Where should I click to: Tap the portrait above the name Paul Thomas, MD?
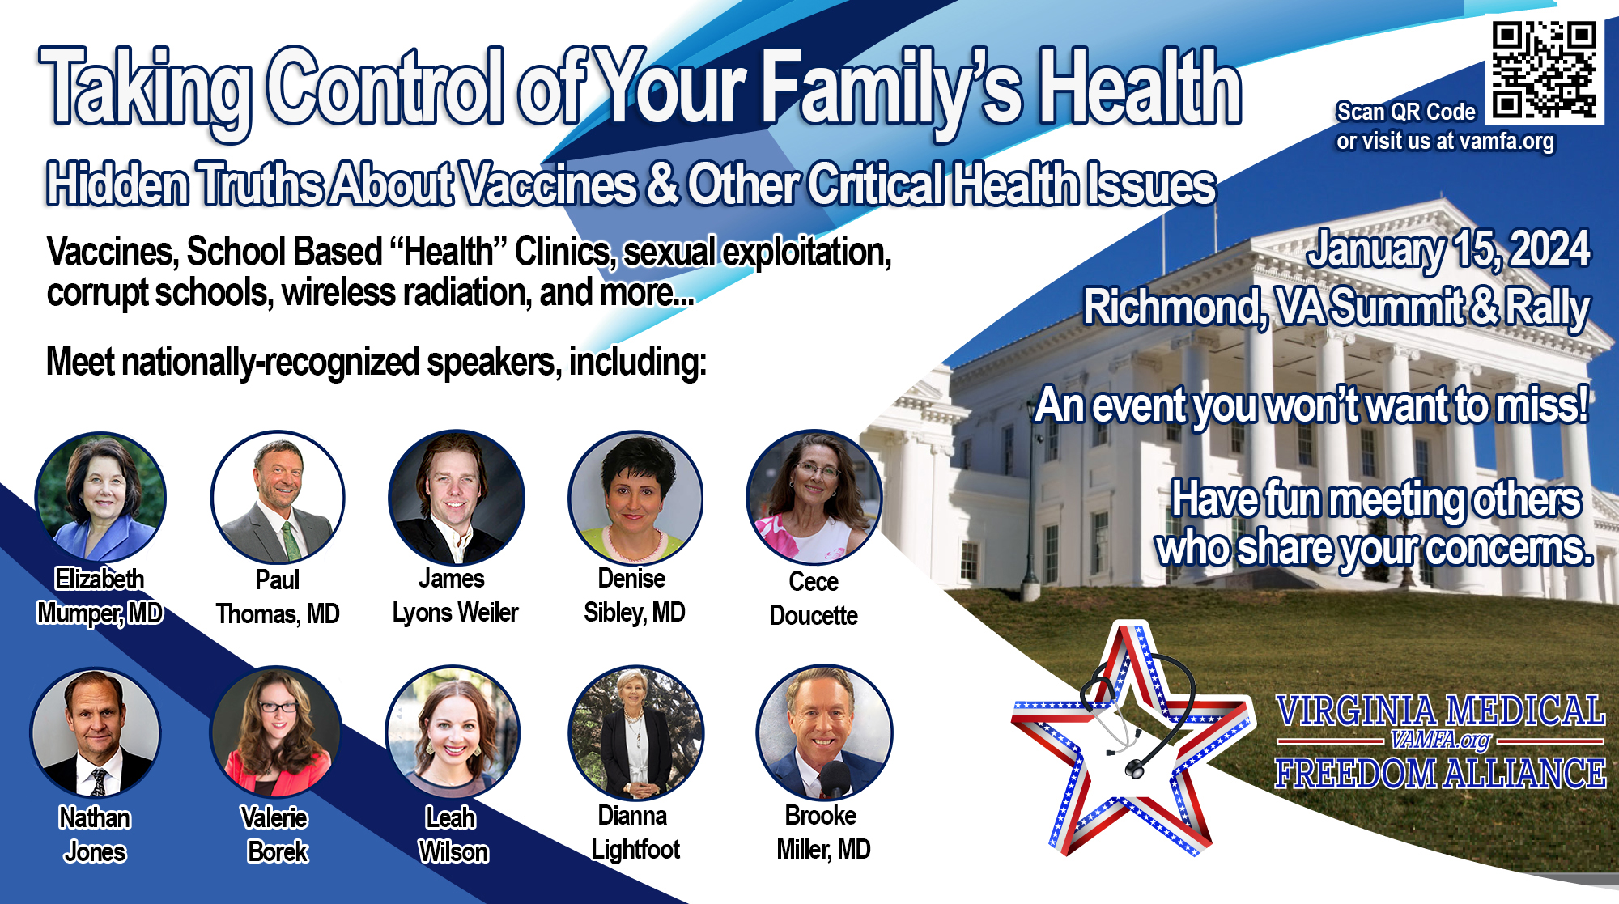point(278,497)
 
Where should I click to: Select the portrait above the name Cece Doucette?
point(814,497)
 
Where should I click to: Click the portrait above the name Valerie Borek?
point(276,732)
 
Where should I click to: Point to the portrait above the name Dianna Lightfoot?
point(635,732)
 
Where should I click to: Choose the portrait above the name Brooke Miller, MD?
point(824,732)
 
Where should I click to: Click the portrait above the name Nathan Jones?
point(96,732)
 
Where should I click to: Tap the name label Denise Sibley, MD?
point(634,596)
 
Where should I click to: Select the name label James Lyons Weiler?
point(455,596)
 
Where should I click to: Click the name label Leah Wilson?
point(453,834)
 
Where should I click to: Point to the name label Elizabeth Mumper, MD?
point(100,596)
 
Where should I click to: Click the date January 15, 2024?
point(1448,248)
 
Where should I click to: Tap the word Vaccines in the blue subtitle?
point(548,184)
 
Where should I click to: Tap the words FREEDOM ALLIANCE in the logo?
point(1439,774)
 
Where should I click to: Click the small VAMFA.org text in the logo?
point(1440,740)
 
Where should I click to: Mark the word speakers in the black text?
point(493,362)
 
